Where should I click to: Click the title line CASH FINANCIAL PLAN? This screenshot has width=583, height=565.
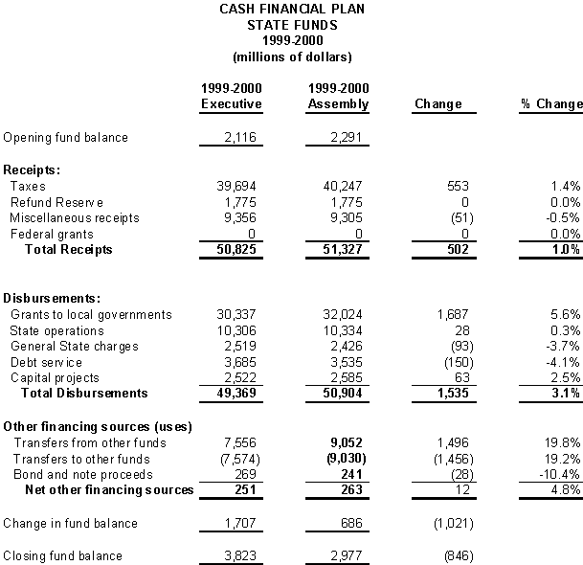(x=292, y=9)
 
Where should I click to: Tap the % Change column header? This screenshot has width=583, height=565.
(x=551, y=104)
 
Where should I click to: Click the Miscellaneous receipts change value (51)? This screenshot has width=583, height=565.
(x=445, y=217)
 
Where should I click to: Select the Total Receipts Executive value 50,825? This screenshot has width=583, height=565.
(x=240, y=250)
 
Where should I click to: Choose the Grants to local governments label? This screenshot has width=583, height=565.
(x=91, y=314)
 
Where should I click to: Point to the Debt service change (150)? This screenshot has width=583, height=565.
(x=443, y=362)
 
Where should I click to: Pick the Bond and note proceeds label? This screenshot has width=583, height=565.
(x=76, y=474)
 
